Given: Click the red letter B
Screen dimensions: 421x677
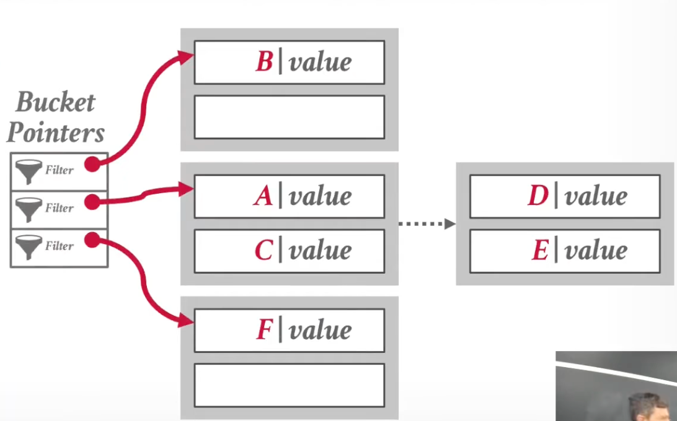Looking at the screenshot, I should (x=264, y=62).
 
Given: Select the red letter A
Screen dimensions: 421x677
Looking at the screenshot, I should (x=263, y=196).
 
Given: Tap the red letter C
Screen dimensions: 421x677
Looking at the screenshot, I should (x=263, y=251).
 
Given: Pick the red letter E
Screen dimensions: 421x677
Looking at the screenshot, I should (x=540, y=251).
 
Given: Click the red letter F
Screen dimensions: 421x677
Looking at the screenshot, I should (x=264, y=330).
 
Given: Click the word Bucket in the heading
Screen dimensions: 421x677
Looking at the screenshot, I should (x=55, y=102).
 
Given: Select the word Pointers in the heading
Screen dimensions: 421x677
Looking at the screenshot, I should (x=55, y=132).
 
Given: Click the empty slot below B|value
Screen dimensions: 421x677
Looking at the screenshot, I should (x=289, y=117).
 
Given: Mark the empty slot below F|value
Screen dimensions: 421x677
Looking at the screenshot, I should (x=289, y=385).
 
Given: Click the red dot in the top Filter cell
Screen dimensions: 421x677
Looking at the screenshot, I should (x=92, y=164).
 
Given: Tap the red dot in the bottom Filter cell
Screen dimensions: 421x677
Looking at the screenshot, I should (x=92, y=240).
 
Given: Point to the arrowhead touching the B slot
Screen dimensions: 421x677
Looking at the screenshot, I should (x=187, y=57).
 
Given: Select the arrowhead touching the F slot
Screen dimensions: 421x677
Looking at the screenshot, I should (x=187, y=321).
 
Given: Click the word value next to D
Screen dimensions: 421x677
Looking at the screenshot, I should (x=596, y=196).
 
